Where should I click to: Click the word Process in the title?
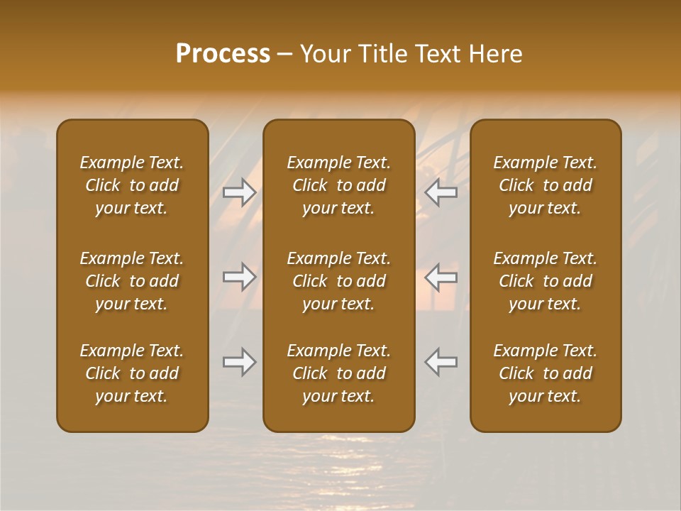point(223,54)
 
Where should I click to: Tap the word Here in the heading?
point(496,54)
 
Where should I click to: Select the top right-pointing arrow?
point(240,192)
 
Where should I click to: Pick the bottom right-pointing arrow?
point(240,362)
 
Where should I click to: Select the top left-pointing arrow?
point(441,192)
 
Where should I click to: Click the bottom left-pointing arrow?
point(441,362)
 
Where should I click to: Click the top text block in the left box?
point(132,185)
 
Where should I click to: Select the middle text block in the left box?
point(132,281)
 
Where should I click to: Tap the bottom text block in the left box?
point(132,373)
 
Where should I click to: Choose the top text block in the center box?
point(338,185)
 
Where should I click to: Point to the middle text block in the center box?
point(338,281)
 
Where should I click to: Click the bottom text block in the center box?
point(338,373)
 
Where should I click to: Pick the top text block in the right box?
point(545,185)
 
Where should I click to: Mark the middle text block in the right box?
point(545,281)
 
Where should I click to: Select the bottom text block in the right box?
point(545,373)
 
